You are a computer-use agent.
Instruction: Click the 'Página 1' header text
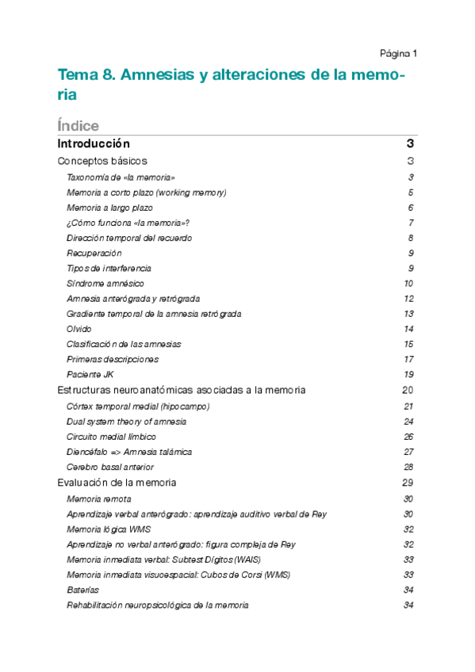(398, 54)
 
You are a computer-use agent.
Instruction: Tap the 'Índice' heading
(79, 126)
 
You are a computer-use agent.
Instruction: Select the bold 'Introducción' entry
(94, 144)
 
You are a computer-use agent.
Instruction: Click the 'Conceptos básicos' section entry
(102, 161)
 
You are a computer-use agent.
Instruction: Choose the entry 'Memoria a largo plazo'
(109, 208)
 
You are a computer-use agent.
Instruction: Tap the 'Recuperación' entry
(94, 253)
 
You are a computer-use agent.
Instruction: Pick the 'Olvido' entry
(79, 329)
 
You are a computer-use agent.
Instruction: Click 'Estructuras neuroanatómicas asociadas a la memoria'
(182, 391)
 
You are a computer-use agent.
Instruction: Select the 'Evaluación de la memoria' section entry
(117, 483)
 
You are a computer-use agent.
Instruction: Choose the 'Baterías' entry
(83, 590)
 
